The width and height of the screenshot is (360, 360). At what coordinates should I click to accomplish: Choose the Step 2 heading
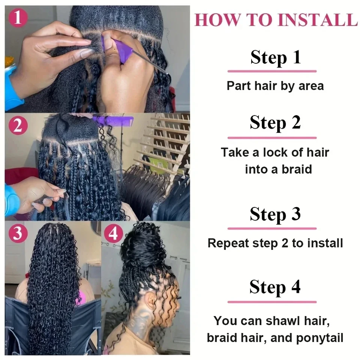[275, 123]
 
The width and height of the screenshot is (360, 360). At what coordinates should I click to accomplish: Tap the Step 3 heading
[275, 214]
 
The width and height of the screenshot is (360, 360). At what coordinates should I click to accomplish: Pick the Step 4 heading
[275, 287]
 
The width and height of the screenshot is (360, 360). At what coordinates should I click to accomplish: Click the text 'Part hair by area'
[275, 86]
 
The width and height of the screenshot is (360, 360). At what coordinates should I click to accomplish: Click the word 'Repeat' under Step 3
[228, 243]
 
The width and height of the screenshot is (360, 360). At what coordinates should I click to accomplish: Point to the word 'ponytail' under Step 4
[319, 338]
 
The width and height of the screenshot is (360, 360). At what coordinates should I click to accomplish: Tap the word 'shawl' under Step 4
[282, 321]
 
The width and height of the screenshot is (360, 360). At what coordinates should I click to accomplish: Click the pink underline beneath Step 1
[272, 71]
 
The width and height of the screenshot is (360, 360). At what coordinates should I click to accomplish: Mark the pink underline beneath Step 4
[272, 302]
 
